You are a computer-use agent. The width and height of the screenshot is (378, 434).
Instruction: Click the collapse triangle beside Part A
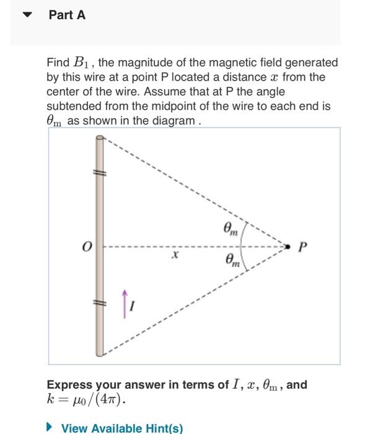tap(27, 15)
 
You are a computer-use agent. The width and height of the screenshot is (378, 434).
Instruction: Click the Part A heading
tap(67, 15)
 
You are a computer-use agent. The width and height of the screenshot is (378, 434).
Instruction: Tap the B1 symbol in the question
tap(80, 63)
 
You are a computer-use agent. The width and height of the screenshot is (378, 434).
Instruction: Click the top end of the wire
tap(99, 139)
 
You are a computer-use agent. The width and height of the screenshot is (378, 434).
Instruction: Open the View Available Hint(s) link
tap(121, 428)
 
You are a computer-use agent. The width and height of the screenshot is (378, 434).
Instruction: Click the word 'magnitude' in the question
tap(136, 63)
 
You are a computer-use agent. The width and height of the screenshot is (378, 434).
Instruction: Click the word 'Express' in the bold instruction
tap(70, 384)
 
